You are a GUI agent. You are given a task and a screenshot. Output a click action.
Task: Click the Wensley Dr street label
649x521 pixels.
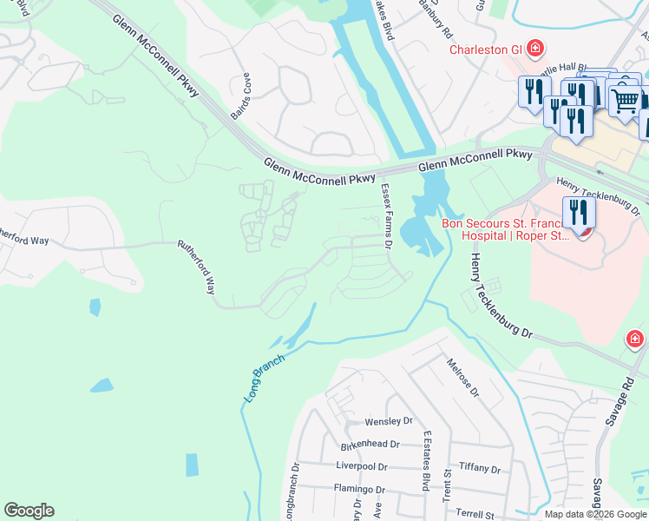(388, 421)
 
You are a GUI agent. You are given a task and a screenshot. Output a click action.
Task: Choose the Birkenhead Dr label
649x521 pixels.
(370, 444)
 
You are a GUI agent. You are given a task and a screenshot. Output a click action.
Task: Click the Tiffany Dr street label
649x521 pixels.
(480, 469)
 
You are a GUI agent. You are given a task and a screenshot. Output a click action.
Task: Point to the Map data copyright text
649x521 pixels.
(596, 514)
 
